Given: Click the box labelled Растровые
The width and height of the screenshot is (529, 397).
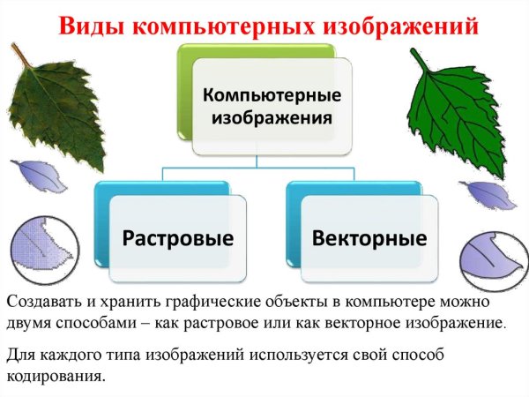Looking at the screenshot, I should click(x=177, y=237).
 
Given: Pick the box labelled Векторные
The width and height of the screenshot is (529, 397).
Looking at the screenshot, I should click(x=369, y=237).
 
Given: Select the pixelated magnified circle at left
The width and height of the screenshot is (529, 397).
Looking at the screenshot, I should click(x=39, y=248).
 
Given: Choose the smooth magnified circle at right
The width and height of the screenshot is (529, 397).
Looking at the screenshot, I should click(x=492, y=258).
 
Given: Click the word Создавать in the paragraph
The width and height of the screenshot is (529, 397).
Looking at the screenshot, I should click(x=41, y=302).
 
